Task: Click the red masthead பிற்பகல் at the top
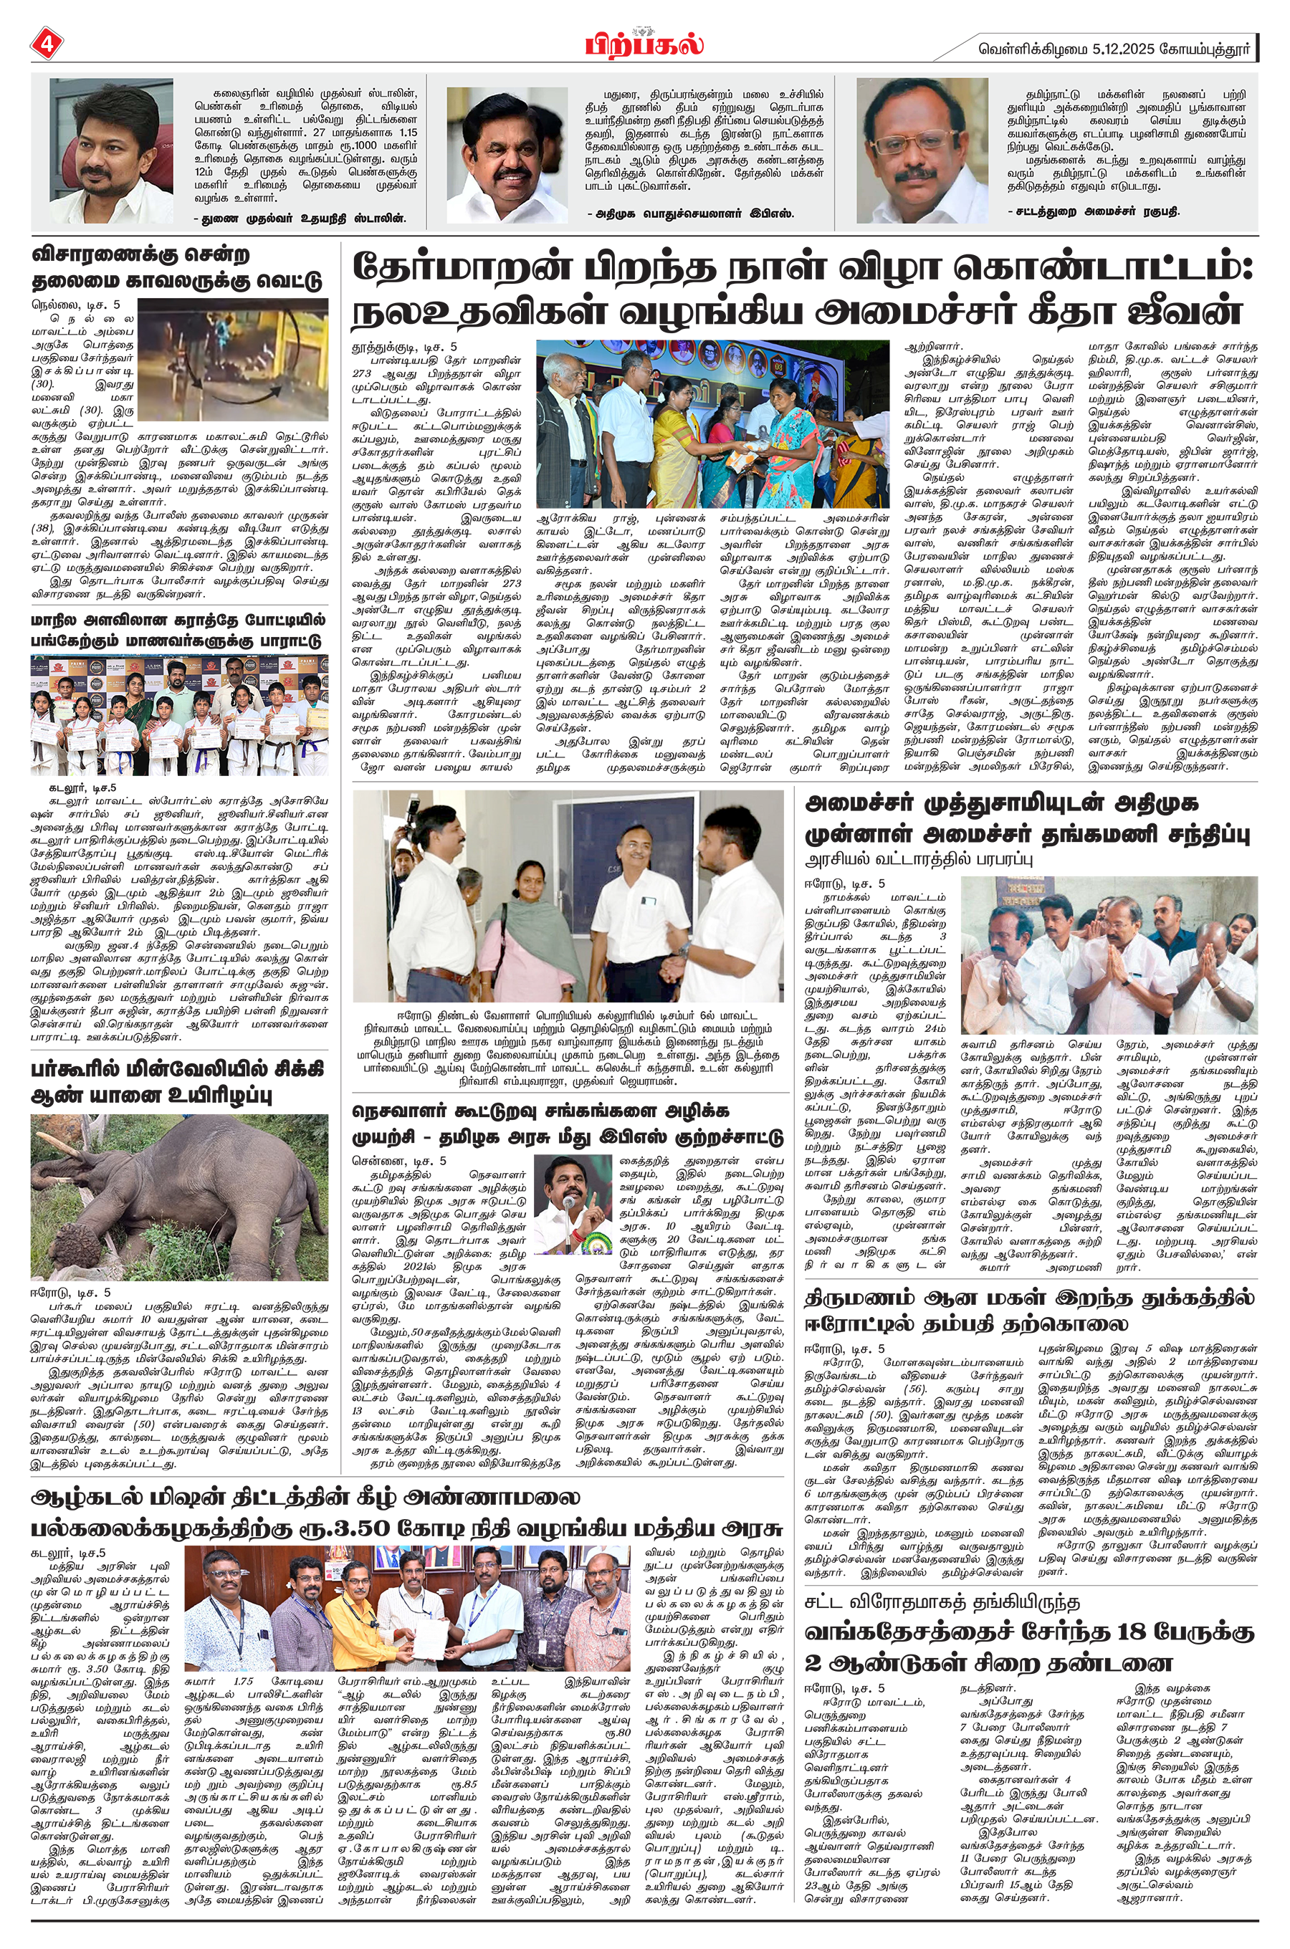coord(645,43)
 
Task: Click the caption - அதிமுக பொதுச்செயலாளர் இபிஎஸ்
coord(690,214)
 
